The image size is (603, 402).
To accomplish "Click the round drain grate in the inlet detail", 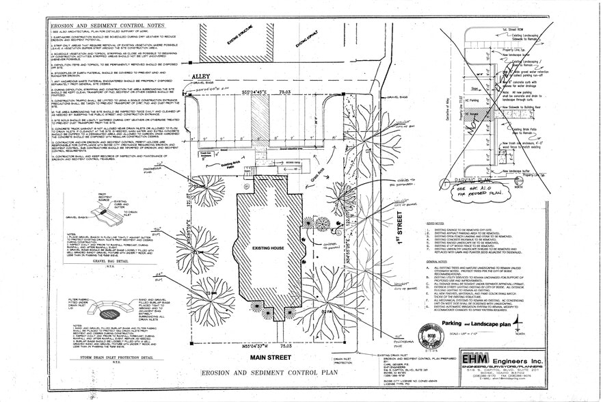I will pyautogui.click(x=109, y=314).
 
